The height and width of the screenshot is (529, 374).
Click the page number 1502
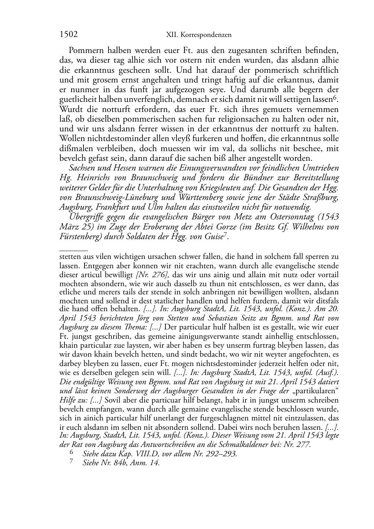coord(69,35)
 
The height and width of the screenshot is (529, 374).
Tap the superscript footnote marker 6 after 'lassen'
coord(336,97)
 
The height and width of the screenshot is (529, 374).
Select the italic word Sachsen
coord(83,168)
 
